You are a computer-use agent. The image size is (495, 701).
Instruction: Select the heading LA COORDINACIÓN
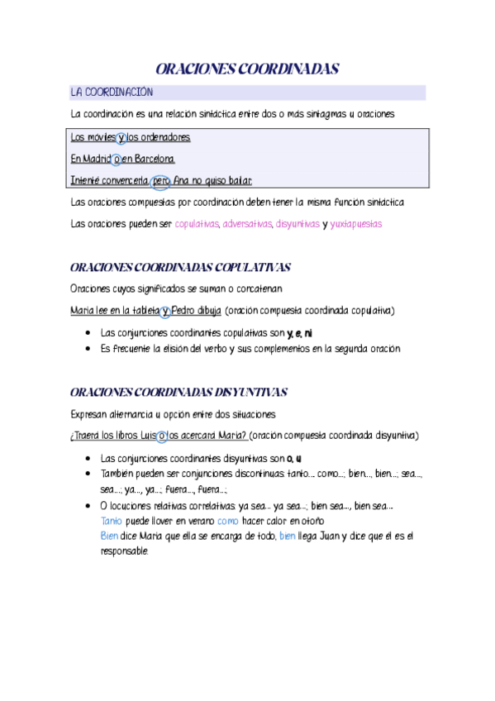click(112, 92)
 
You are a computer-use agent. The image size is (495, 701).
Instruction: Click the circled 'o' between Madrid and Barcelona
click(117, 159)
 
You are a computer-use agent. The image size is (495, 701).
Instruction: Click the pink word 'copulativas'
click(197, 223)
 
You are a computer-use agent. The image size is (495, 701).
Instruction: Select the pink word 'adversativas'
click(247, 223)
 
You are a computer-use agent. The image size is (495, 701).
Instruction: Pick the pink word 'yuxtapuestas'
click(356, 223)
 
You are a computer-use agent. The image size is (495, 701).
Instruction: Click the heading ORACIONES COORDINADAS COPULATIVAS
click(181, 268)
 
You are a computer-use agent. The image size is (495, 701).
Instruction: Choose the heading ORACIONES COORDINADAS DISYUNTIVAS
click(179, 392)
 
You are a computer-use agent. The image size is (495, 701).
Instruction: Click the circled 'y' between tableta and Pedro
click(165, 311)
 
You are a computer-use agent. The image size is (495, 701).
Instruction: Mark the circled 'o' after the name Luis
click(162, 435)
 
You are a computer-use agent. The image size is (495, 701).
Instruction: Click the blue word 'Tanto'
click(111, 522)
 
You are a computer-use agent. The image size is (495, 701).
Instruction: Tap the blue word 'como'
click(228, 522)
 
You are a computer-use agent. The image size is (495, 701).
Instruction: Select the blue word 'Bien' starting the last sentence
click(109, 536)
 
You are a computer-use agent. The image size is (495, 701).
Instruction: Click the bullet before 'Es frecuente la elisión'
click(88, 349)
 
